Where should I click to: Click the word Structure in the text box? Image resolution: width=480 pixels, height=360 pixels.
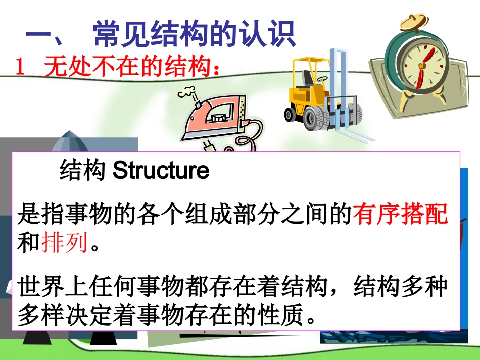point(161,171)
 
